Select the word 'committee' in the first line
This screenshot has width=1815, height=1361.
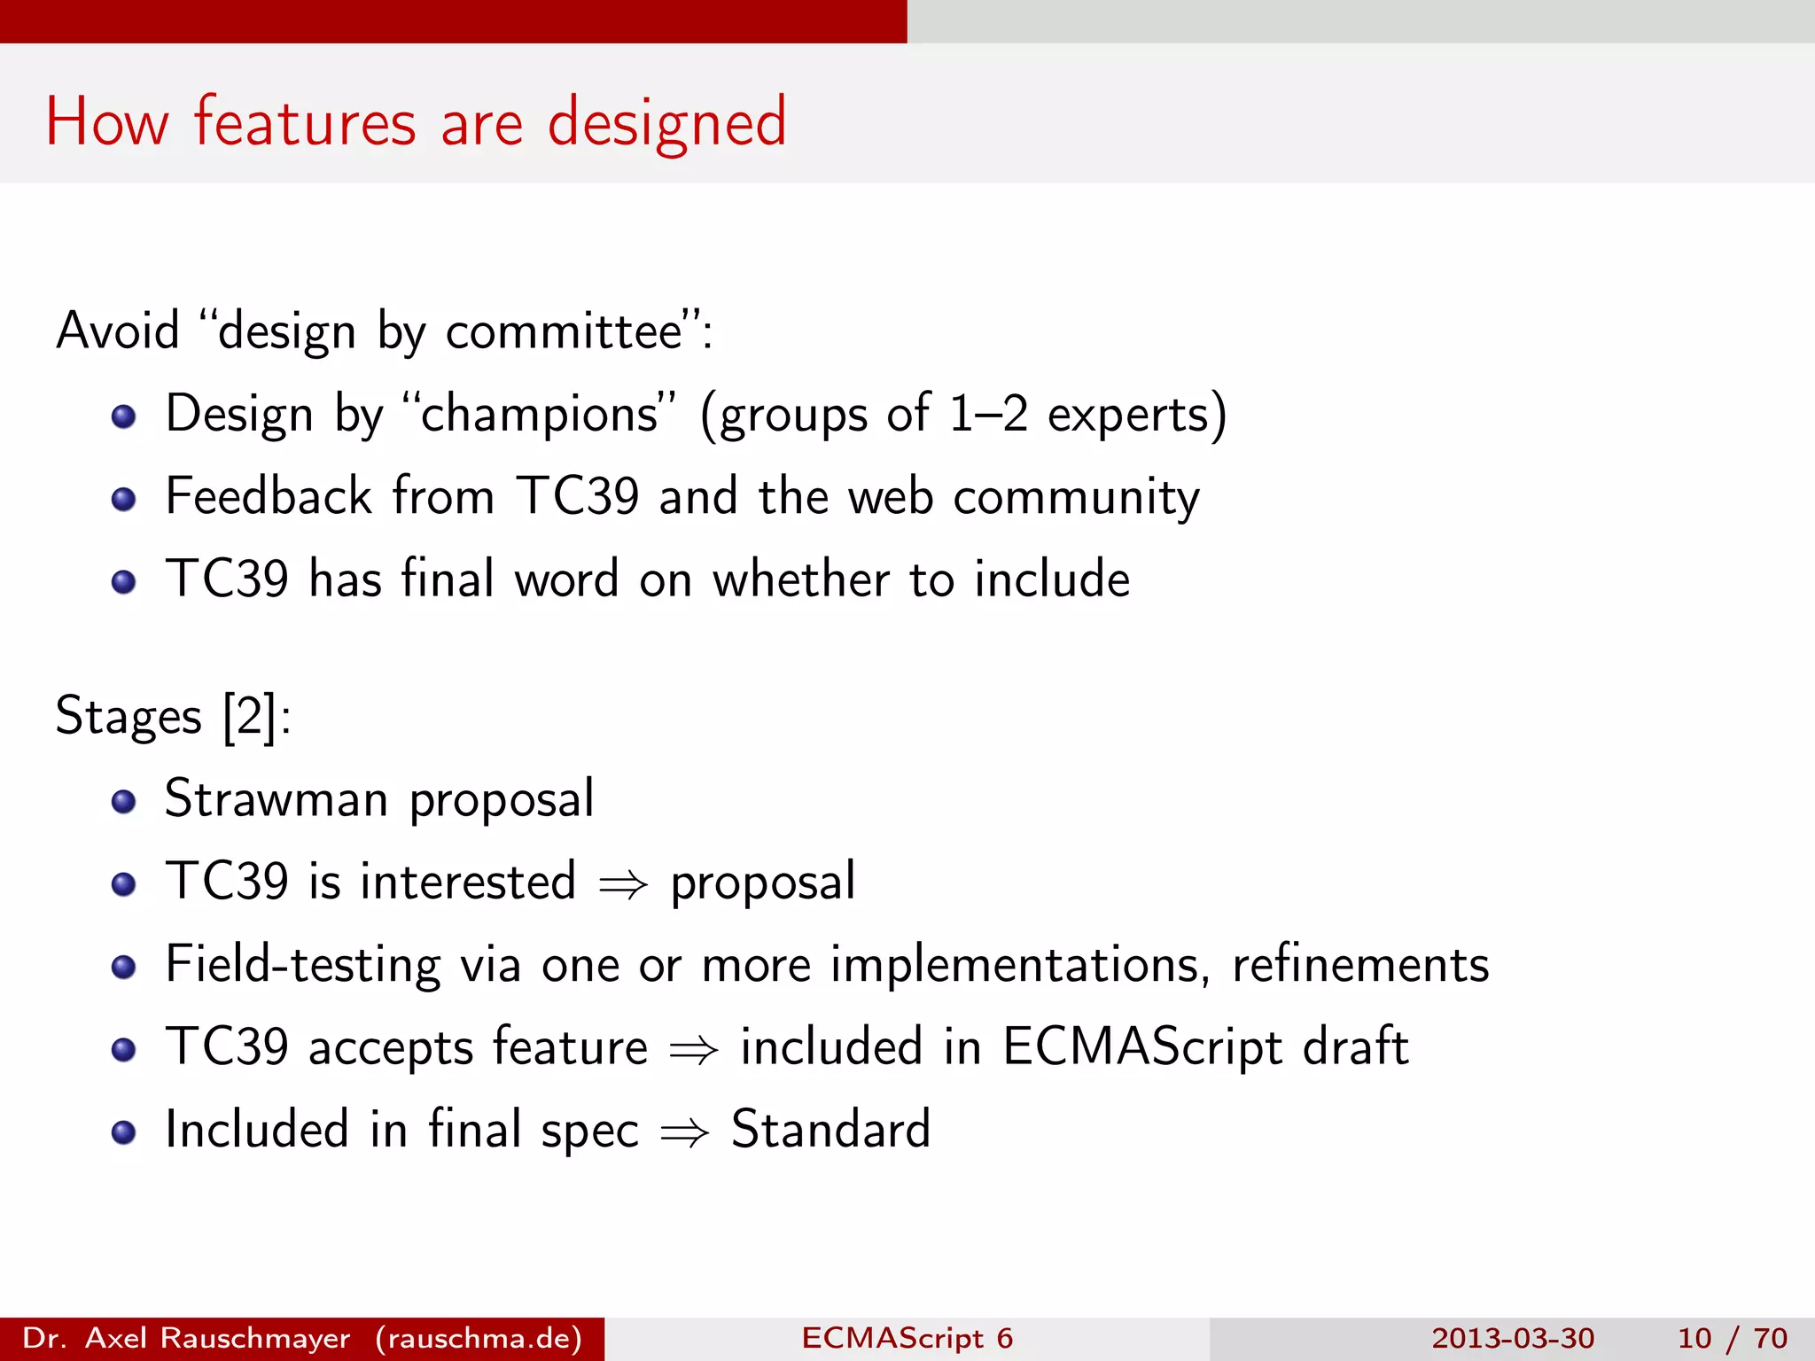click(x=564, y=332)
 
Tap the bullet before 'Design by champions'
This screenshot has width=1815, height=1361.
click(x=124, y=416)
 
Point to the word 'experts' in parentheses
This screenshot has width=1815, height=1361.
click(x=1127, y=415)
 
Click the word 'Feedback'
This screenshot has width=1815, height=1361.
click(x=268, y=496)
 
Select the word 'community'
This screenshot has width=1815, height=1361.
click(x=1076, y=498)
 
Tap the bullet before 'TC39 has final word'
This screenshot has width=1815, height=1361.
click(x=124, y=582)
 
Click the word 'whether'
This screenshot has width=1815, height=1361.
click(x=801, y=580)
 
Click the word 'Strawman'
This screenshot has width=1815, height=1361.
click(x=277, y=799)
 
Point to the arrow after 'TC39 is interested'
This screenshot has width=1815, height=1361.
click(x=623, y=884)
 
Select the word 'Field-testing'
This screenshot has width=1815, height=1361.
click(x=302, y=965)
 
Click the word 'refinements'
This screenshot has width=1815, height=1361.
click(x=1360, y=965)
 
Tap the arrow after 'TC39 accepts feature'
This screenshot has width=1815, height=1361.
click(x=693, y=1050)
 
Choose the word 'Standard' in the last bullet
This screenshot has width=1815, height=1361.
click(x=830, y=1131)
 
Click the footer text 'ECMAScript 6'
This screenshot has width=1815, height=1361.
click(x=907, y=1338)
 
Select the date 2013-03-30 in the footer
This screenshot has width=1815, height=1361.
click(x=1513, y=1338)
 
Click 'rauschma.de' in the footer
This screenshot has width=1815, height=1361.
click(x=479, y=1338)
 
